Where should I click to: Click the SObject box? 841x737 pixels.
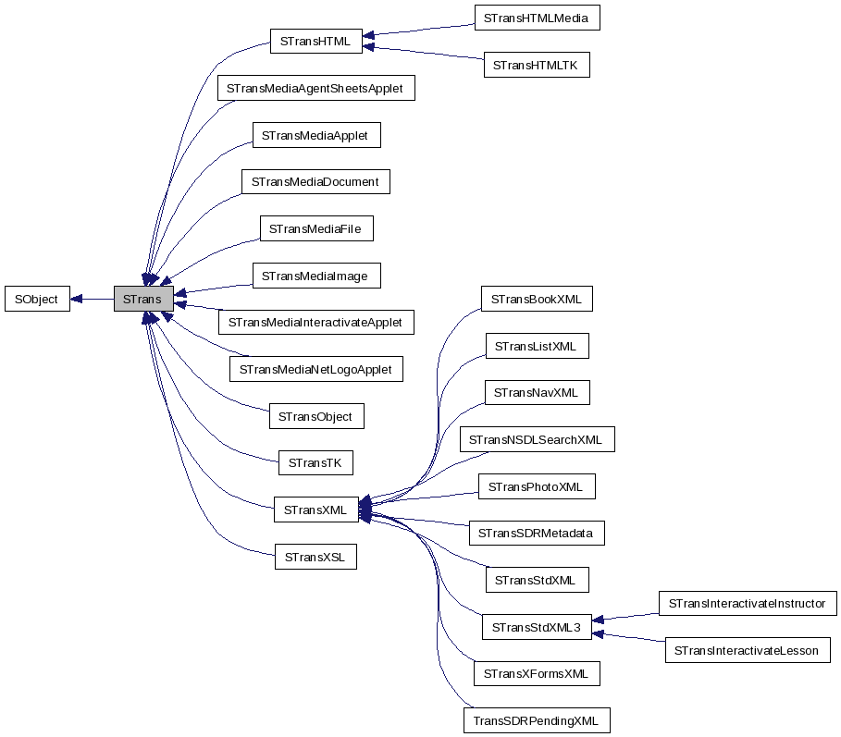37,299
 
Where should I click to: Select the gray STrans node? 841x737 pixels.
142,299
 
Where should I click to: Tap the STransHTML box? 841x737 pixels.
315,40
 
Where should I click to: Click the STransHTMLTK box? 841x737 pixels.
537,65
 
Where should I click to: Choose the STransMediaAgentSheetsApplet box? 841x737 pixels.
315,89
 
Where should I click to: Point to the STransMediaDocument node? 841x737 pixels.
315,181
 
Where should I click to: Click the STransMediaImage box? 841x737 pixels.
315,276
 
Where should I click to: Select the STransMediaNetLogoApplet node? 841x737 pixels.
315,369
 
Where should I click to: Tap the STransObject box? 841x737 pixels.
315,416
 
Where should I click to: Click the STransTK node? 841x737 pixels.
315,462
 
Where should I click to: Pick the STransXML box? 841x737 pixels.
315,510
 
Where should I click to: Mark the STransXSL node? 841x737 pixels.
315,557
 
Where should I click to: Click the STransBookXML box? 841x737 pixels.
537,299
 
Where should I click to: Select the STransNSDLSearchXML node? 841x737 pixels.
537,439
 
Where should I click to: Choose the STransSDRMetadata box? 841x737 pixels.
537,534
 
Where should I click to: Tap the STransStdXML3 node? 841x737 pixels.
537,627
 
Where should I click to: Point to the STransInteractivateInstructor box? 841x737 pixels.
748,604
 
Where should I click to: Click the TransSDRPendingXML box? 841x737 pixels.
537,720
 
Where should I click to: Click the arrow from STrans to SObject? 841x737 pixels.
92,299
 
